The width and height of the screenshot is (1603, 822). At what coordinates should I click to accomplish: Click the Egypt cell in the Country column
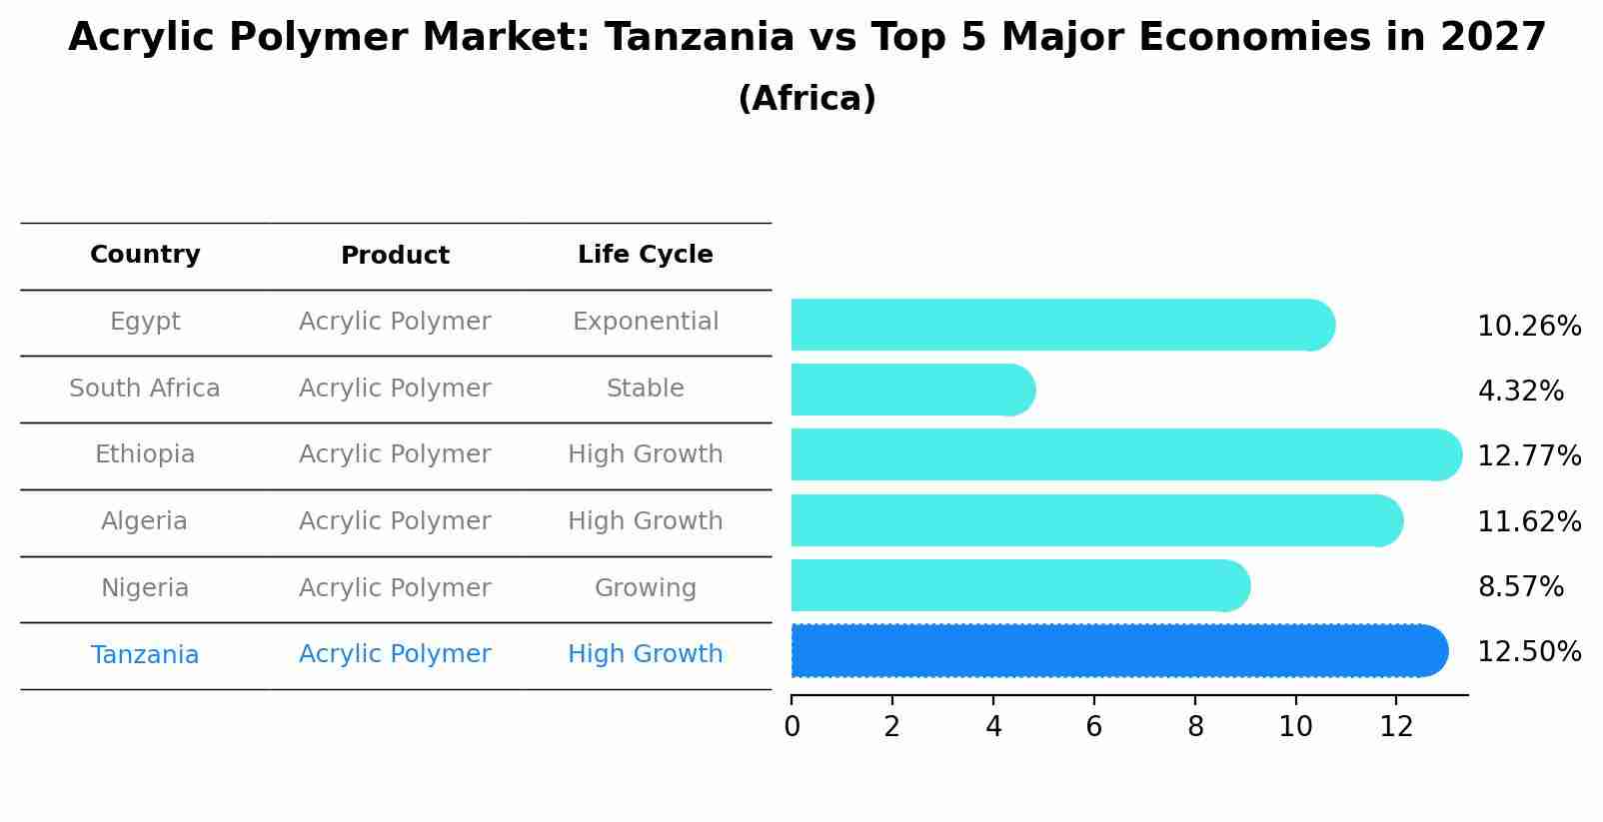click(x=145, y=322)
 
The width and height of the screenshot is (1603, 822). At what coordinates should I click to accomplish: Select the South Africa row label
click(x=145, y=389)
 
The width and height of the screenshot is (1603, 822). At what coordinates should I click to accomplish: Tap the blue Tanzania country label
click(x=145, y=655)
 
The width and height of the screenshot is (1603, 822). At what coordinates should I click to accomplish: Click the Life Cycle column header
click(x=645, y=255)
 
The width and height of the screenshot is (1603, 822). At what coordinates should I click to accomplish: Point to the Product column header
click(x=395, y=256)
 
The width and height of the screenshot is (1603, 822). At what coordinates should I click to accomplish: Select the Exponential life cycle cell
click(x=645, y=322)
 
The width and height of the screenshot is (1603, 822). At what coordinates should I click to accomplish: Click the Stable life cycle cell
click(x=645, y=389)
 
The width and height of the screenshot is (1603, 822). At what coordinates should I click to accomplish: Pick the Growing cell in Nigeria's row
click(x=645, y=588)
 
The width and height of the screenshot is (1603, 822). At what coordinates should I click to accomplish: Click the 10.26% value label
click(x=1528, y=327)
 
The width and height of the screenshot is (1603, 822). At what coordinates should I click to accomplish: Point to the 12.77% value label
click(x=1528, y=456)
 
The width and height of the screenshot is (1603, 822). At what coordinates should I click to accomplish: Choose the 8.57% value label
click(x=1520, y=587)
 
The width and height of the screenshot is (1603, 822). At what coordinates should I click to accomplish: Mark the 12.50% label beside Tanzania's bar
click(x=1528, y=652)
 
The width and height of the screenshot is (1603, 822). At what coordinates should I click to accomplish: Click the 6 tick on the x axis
click(x=1093, y=727)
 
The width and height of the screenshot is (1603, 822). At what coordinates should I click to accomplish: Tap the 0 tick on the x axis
click(x=792, y=727)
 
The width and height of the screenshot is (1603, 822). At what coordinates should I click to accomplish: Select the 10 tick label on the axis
click(x=1295, y=727)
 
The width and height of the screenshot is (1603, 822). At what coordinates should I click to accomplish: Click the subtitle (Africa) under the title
click(x=806, y=99)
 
